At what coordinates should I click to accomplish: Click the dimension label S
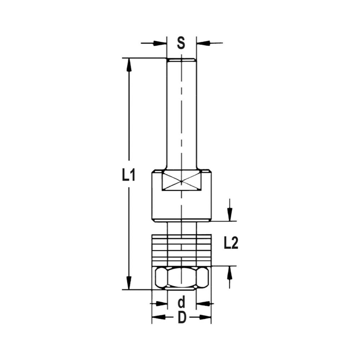tap(181, 43)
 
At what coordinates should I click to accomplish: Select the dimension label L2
tap(231, 244)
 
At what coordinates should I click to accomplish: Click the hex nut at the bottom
tap(181, 278)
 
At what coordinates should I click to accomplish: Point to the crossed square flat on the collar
tap(181, 181)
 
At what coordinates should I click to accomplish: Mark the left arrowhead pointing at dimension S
tap(161, 43)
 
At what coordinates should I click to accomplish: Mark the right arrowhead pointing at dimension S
tap(203, 43)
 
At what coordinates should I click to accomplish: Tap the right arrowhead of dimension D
tap(205, 318)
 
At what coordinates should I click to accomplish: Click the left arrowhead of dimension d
tap(161, 304)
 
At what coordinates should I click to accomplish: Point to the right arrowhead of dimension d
tap(203, 304)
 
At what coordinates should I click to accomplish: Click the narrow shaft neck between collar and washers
tap(181, 228)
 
